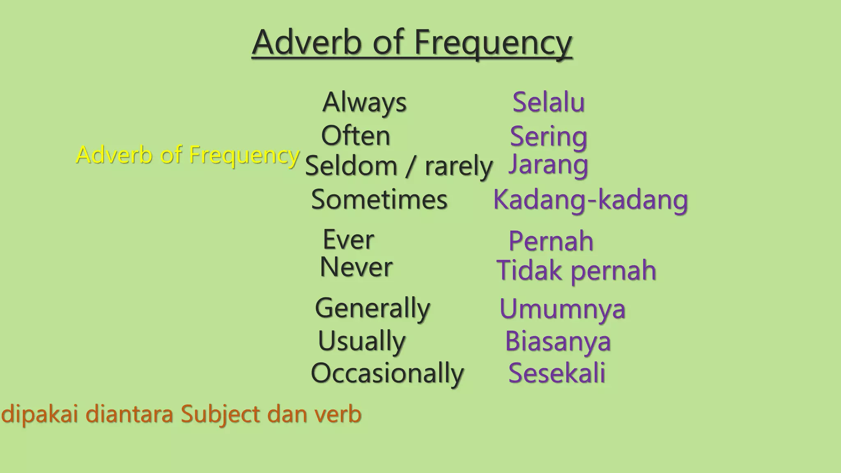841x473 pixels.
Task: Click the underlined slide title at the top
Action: [412, 43]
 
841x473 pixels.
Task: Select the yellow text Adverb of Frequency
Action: [188, 155]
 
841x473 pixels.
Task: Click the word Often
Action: [356, 135]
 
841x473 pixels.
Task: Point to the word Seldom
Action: [351, 166]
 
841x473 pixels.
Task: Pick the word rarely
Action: [458, 166]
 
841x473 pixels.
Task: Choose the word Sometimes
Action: [379, 200]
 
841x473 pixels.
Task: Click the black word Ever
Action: [348, 239]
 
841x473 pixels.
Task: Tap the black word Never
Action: [356, 267]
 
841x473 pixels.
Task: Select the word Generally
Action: [372, 308]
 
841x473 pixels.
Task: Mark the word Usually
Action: [362, 341]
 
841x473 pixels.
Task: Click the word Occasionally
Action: [387, 373]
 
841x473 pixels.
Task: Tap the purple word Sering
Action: [549, 136]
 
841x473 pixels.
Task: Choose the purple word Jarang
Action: [549, 164]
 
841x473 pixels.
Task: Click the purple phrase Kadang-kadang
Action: [591, 200]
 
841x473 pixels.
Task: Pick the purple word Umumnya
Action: [562, 309]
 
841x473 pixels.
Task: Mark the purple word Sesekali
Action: [557, 373]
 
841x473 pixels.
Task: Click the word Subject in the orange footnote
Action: [221, 414]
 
